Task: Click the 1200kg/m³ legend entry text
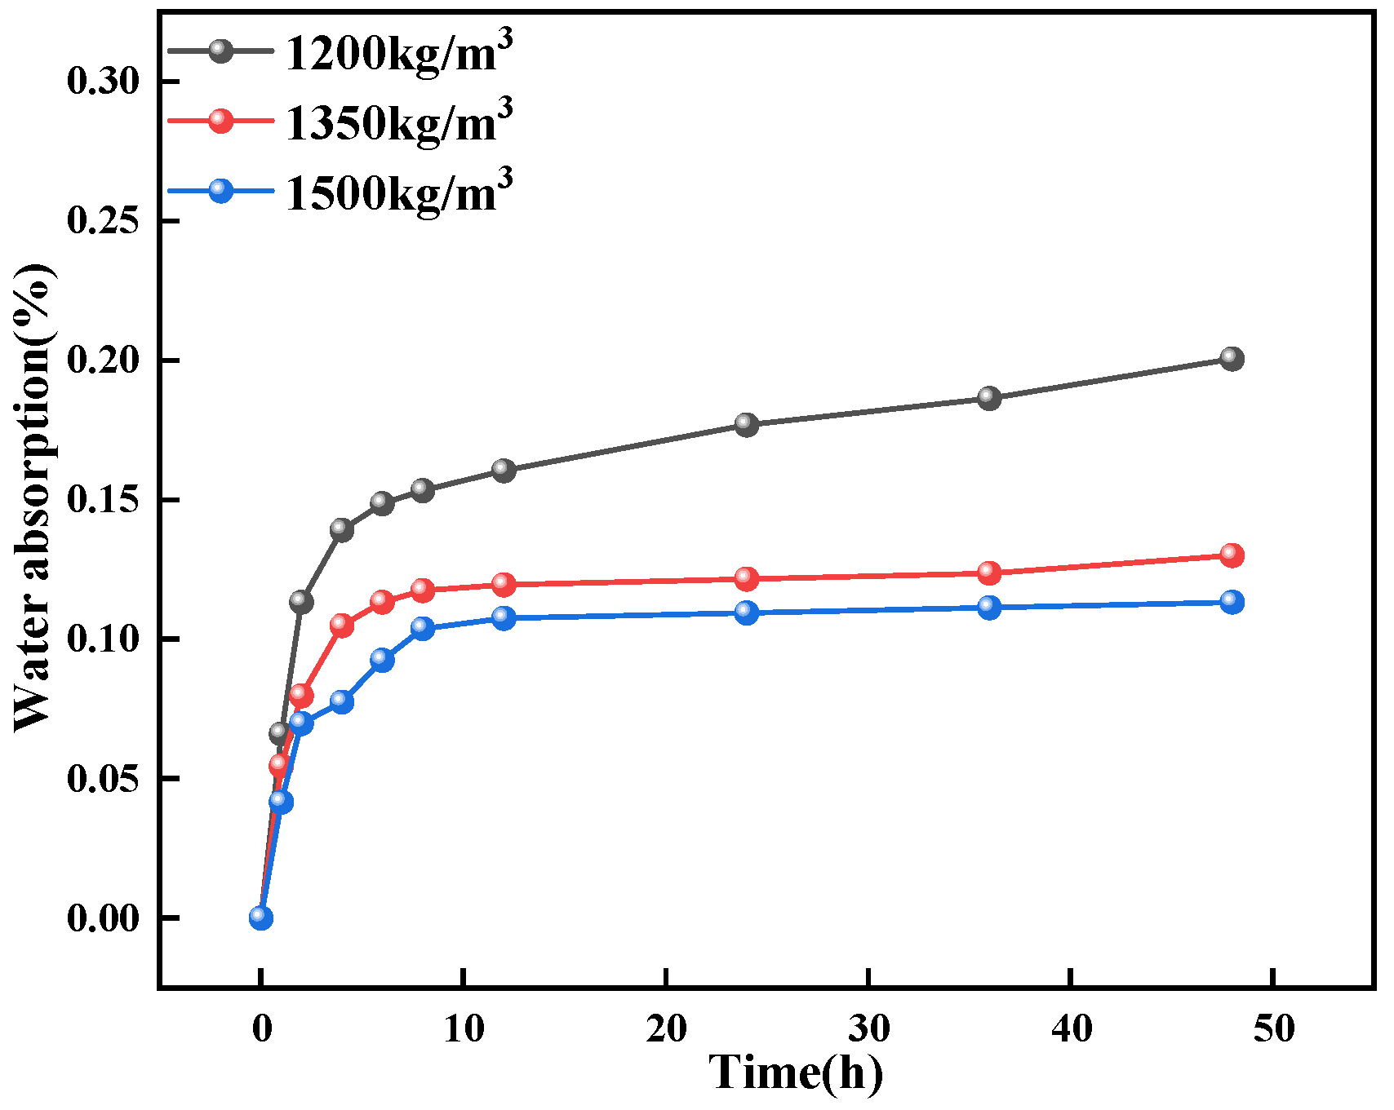(398, 54)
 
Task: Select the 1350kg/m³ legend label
(398, 123)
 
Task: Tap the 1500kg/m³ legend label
(398, 192)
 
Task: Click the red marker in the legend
(220, 121)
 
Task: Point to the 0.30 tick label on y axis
(104, 82)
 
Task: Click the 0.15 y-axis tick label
(104, 500)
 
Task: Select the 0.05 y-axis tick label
(104, 779)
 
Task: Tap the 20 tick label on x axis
(666, 1029)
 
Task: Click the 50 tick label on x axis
(1273, 1029)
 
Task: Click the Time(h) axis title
(795, 1072)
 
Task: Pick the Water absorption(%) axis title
(34, 498)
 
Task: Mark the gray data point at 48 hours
(1232, 358)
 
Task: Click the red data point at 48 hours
(1232, 555)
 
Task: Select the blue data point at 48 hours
(1232, 603)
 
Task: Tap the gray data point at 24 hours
(746, 424)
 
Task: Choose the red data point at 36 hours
(988, 573)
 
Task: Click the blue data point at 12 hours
(504, 617)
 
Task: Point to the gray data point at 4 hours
(341, 530)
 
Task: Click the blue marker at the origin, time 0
(260, 918)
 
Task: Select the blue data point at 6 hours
(382, 659)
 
